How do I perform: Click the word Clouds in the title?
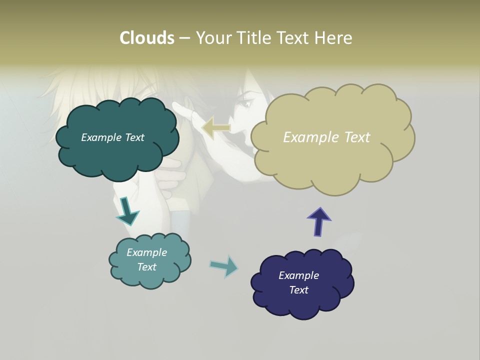(146, 38)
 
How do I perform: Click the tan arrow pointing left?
(216, 128)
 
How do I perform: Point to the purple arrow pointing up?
(319, 221)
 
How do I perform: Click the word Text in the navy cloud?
(298, 290)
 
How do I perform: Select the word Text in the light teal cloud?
(146, 267)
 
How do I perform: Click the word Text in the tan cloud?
(357, 137)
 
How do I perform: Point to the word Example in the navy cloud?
(298, 275)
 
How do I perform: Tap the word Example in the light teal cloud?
(146, 252)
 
